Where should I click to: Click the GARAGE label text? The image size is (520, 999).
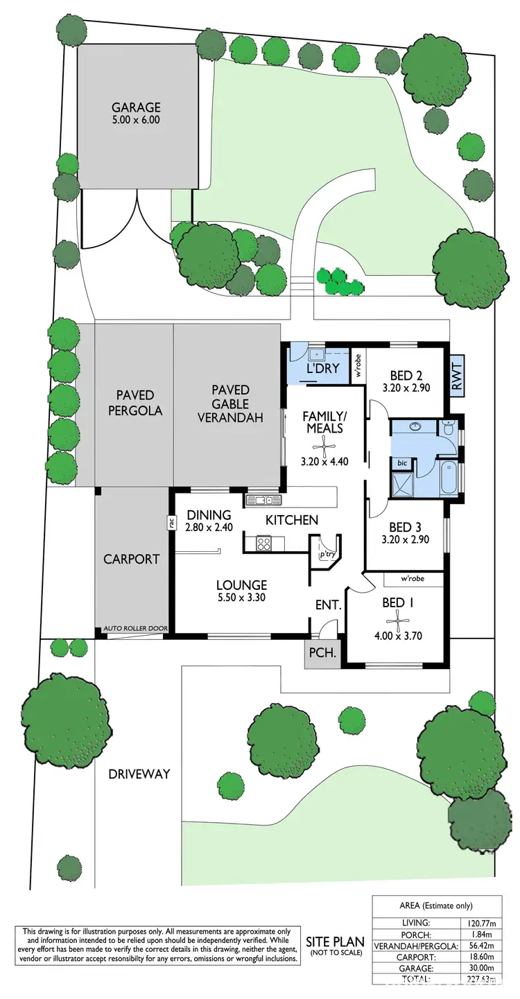click(137, 107)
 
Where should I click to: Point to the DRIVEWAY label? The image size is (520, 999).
click(138, 774)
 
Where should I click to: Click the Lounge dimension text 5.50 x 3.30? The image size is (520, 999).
click(241, 598)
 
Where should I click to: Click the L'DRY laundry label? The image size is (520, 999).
click(323, 368)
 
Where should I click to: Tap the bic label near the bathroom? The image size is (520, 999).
click(401, 462)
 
